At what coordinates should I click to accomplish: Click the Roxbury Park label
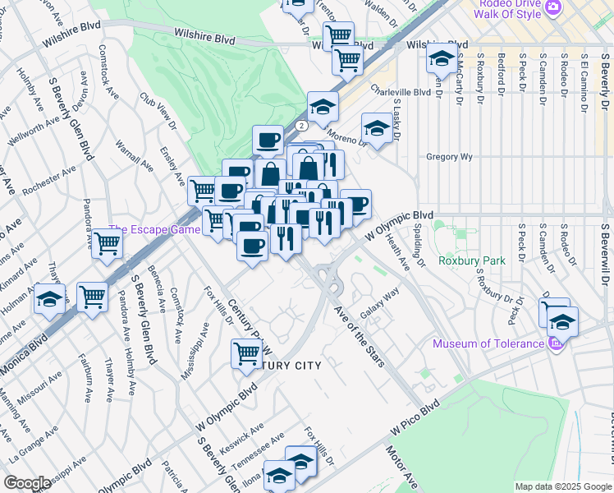click(471, 260)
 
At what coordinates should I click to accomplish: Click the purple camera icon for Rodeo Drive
click(555, 7)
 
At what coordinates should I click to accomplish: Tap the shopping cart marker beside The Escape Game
click(107, 244)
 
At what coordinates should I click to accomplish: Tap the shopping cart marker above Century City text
click(246, 353)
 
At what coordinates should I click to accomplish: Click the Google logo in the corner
click(27, 483)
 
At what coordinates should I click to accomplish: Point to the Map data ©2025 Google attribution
click(562, 486)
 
